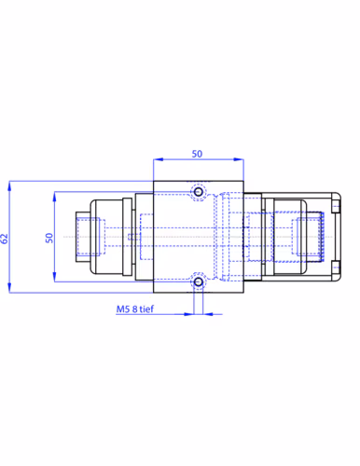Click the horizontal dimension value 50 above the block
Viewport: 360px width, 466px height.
click(197, 154)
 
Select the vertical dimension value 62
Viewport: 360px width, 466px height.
click(4, 239)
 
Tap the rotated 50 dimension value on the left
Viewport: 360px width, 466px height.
click(49, 238)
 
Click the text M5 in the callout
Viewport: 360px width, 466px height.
click(122, 309)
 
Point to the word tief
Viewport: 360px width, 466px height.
click(146, 308)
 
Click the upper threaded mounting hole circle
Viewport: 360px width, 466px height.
click(198, 192)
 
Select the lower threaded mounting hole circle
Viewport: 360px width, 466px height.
click(198, 282)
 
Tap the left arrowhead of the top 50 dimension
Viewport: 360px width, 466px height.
click(158, 159)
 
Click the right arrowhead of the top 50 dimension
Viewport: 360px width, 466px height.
click(239, 159)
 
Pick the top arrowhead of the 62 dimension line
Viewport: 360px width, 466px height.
click(9, 185)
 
